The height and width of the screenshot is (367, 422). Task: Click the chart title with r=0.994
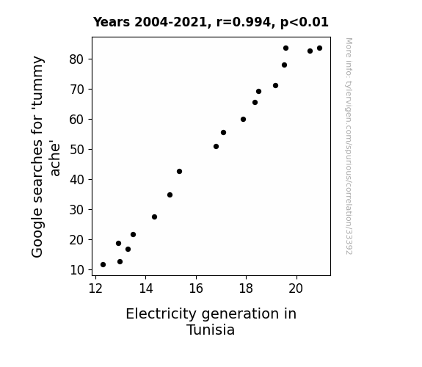211,22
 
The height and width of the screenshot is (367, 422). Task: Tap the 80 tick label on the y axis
77,59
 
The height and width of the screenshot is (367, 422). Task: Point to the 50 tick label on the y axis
77,150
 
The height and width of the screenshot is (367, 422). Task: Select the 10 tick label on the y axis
77,270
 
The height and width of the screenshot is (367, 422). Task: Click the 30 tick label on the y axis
77,210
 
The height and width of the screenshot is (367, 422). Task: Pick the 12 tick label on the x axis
95,288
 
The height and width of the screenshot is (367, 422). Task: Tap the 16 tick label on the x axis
196,288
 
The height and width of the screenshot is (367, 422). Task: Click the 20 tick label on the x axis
296,288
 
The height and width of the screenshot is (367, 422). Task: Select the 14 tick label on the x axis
145,288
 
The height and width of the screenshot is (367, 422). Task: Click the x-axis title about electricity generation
211,321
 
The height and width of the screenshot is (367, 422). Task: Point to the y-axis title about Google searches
45,156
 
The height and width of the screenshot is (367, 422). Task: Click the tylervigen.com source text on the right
349,146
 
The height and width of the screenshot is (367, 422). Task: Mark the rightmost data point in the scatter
319,48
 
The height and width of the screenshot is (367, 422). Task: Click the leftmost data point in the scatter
103,265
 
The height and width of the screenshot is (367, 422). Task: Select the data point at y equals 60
244,120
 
